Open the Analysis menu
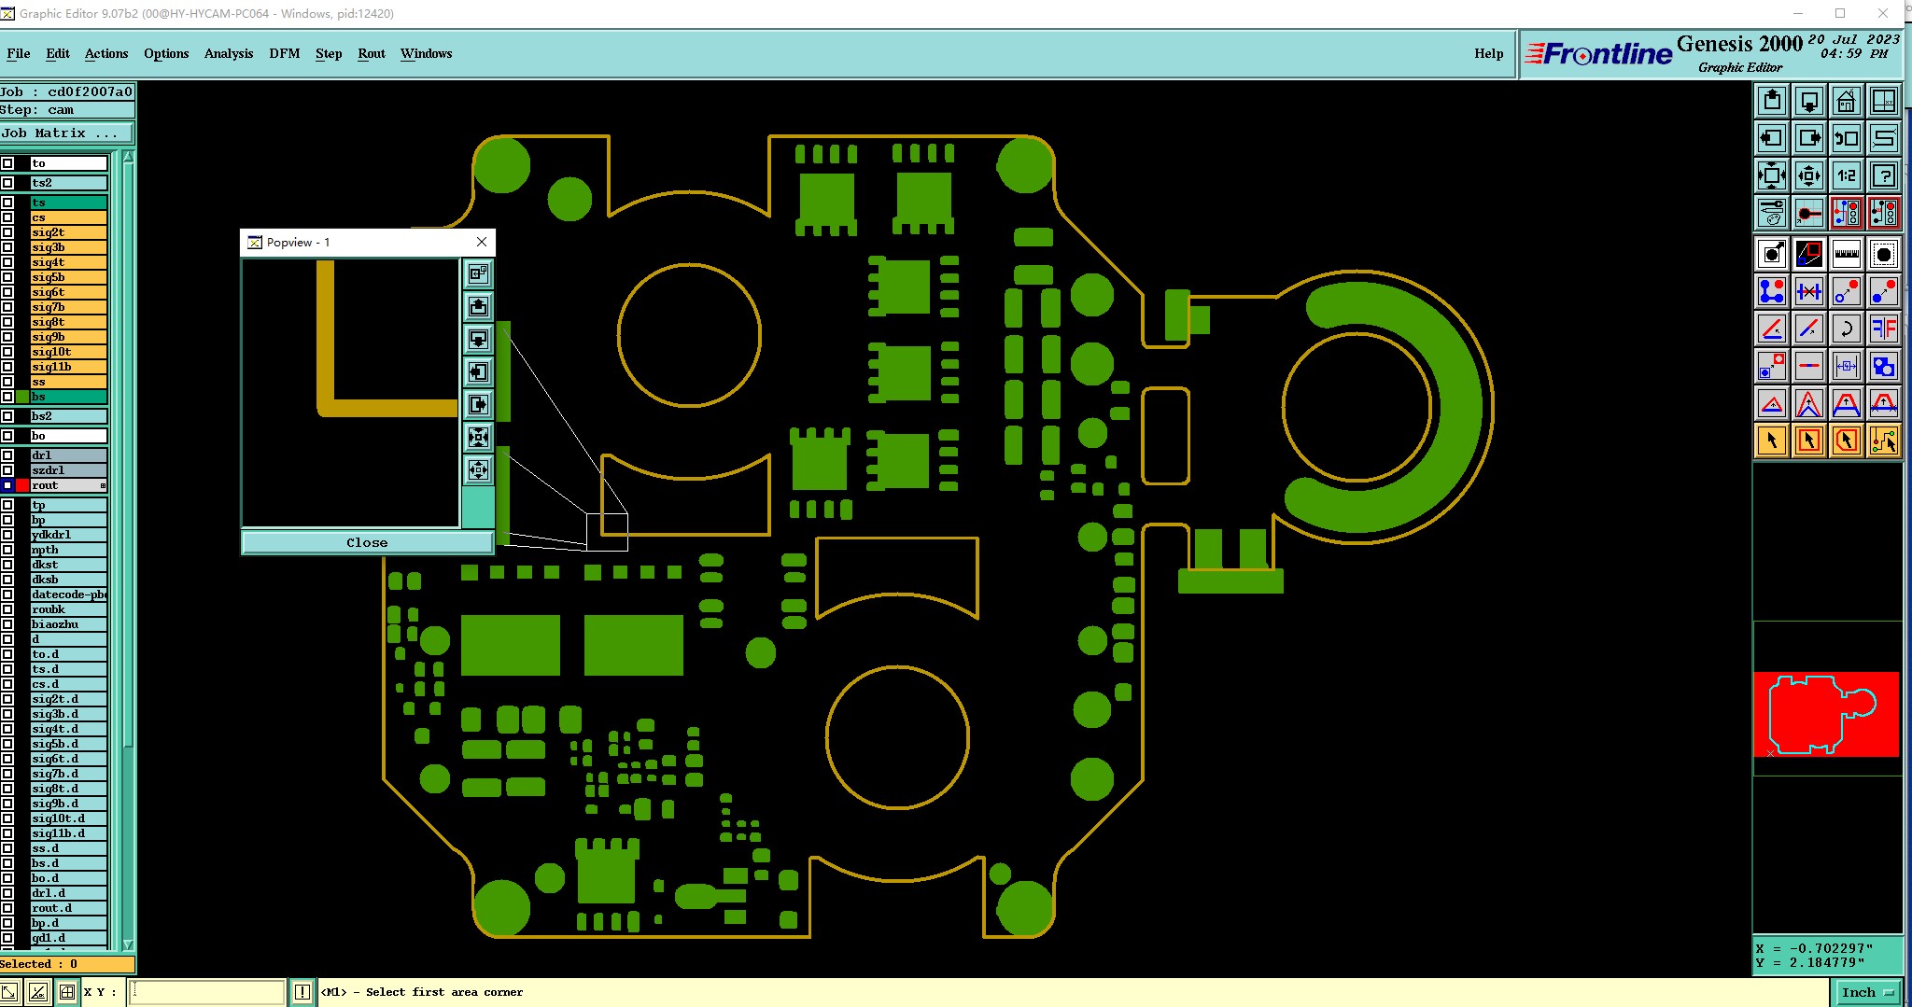[228, 53]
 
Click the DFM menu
[284, 53]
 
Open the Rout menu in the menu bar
[371, 53]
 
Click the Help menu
[1488, 53]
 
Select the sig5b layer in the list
[67, 277]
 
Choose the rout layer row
[67, 485]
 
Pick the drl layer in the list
[67, 455]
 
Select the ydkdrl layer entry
[67, 535]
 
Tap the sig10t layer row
[67, 352]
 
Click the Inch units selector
[1866, 992]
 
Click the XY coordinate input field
[207, 992]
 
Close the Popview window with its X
[482, 242]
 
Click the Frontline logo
[1599, 54]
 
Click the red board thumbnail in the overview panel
[1825, 714]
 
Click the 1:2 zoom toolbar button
[1846, 175]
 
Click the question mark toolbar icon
[1883, 175]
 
